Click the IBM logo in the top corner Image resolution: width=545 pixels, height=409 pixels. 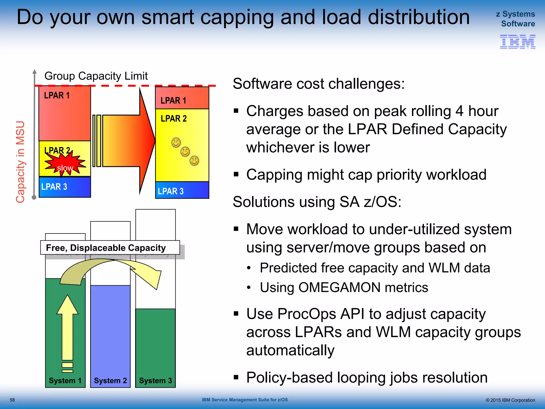pos(518,42)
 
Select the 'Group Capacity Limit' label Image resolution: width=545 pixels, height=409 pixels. pos(96,76)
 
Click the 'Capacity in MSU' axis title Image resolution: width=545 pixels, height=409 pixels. pos(20,162)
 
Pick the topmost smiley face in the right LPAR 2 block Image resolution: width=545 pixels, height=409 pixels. pos(176,143)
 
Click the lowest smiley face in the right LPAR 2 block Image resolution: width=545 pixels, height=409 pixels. pos(194,161)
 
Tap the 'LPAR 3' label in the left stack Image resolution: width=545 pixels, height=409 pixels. pos(54,187)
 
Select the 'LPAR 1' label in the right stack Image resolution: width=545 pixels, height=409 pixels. pos(173,100)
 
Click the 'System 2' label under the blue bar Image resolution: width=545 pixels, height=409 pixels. pos(110,381)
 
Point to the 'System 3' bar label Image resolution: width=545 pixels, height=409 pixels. pos(155,381)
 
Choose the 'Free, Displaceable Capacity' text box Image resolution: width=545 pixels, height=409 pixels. pos(110,248)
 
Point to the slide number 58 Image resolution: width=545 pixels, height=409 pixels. pos(12,400)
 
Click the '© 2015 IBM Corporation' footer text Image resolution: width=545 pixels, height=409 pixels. pos(510,400)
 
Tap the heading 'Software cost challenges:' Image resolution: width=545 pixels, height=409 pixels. pos(319,84)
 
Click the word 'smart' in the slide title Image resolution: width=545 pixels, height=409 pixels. pos(168,17)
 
